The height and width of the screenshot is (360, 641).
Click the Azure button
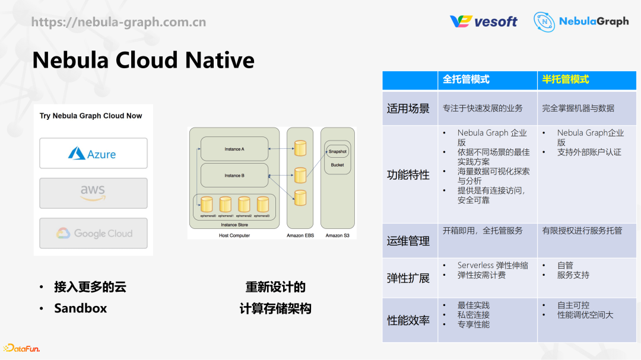click(x=93, y=154)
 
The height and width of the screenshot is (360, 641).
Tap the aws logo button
click(x=93, y=193)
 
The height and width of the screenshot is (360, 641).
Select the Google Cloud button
click(x=93, y=233)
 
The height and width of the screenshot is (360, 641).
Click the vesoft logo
click(x=483, y=21)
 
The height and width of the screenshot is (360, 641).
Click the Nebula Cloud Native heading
click(x=143, y=60)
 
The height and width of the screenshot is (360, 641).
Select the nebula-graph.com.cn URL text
click(x=119, y=23)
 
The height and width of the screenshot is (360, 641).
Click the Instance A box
click(x=234, y=149)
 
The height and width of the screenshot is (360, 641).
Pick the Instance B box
click(x=234, y=176)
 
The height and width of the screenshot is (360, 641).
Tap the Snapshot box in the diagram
click(x=337, y=151)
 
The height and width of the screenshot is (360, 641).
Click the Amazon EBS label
click(x=300, y=235)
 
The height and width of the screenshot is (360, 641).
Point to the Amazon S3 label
click(x=338, y=235)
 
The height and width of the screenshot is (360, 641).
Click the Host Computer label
click(x=234, y=235)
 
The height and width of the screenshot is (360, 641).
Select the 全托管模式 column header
click(x=466, y=79)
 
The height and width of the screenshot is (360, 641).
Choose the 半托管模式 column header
click(x=566, y=79)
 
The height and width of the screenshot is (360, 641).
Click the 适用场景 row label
click(x=408, y=109)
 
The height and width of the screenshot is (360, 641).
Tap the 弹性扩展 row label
click(x=408, y=278)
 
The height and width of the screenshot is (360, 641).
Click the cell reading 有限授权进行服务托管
click(x=582, y=230)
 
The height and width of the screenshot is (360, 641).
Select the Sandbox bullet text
click(x=81, y=308)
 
